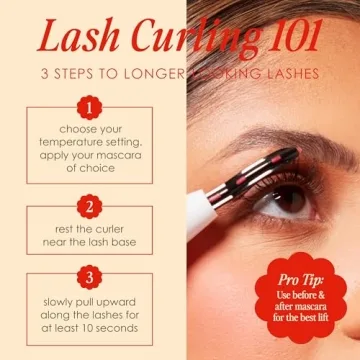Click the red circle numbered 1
[x=91, y=105]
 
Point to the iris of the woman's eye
[x=291, y=196]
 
